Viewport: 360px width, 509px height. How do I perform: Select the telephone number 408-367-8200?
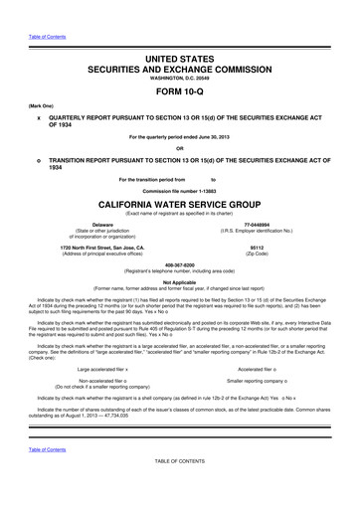(179, 265)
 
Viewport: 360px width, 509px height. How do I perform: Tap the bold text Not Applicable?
(179, 282)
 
